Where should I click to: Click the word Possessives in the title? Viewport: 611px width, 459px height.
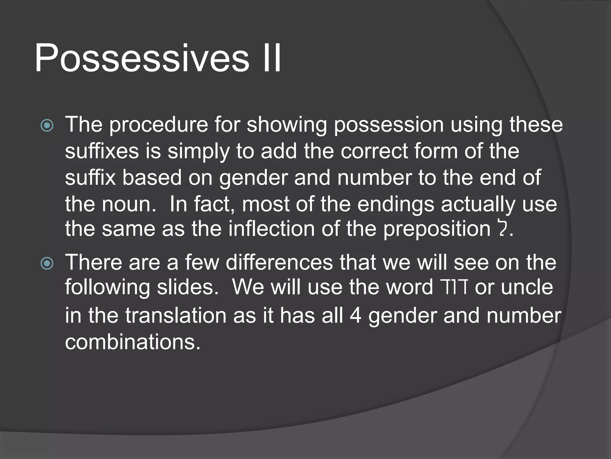click(141, 59)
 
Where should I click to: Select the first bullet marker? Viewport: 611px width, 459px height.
click(47, 126)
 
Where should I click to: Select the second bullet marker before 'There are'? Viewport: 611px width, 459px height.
click(47, 263)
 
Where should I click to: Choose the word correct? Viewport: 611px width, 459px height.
click(374, 151)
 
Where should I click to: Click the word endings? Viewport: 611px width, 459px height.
click(396, 205)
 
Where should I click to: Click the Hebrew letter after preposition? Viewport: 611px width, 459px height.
click(503, 229)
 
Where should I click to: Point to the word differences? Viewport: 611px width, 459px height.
click(279, 262)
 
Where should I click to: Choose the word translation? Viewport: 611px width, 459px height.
click(176, 316)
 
